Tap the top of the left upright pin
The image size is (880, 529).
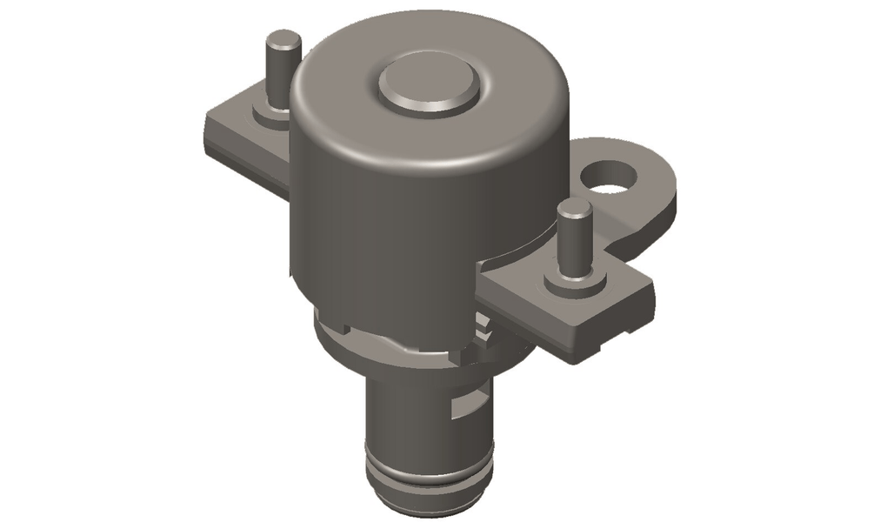point(283,39)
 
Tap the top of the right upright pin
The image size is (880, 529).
point(575,209)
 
